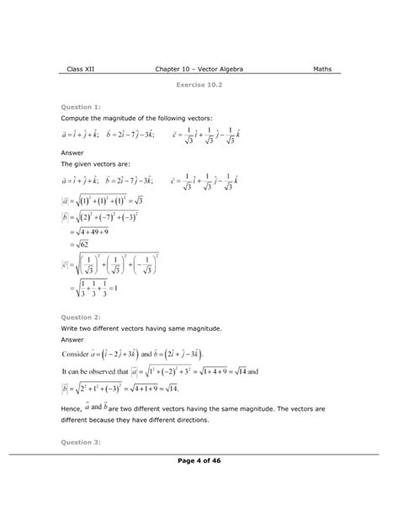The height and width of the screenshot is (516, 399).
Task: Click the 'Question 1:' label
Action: tap(81, 107)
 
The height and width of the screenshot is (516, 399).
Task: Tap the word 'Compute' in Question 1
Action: tap(77, 120)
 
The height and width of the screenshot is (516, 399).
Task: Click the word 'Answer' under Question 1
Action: tap(74, 152)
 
